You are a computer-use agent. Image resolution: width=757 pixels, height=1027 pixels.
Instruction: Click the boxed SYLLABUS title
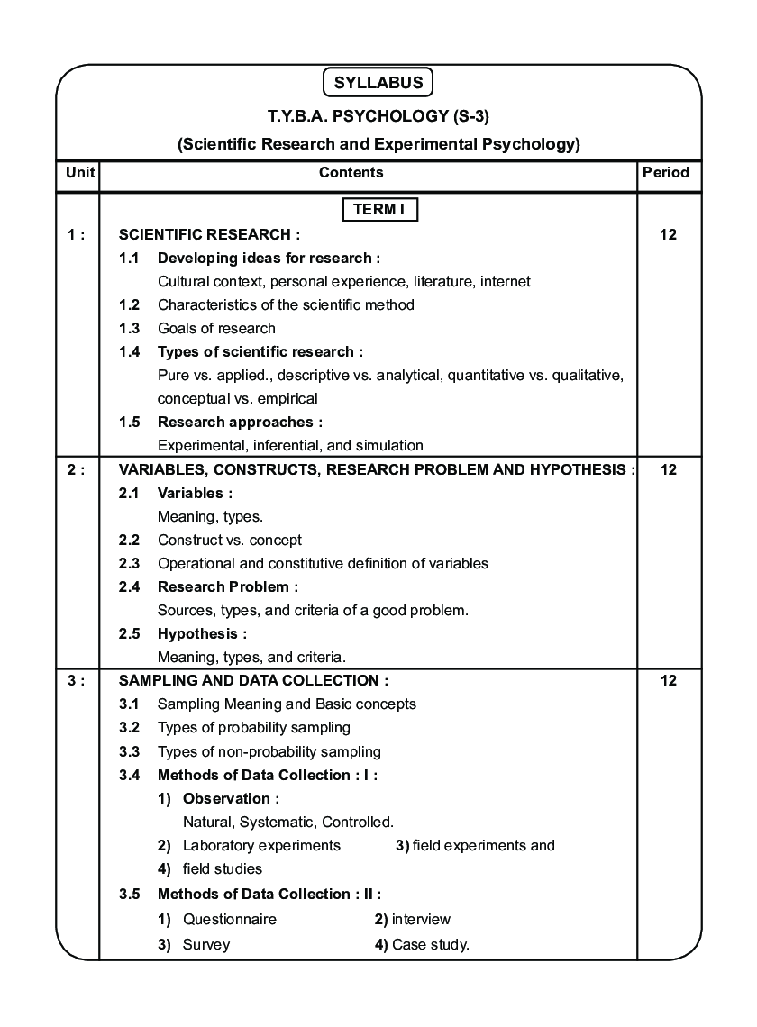click(378, 83)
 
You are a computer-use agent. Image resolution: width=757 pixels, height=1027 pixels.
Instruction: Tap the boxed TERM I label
click(378, 210)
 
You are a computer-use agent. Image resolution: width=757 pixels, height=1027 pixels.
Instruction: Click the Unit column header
click(78, 172)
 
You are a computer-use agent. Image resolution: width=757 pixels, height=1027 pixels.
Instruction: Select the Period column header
click(667, 172)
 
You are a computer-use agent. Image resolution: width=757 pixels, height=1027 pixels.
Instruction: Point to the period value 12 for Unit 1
click(668, 235)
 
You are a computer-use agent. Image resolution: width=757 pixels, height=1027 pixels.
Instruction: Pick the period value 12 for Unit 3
click(668, 681)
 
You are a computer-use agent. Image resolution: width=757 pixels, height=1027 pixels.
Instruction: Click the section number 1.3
click(129, 328)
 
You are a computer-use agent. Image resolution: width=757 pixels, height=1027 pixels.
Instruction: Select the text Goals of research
click(216, 328)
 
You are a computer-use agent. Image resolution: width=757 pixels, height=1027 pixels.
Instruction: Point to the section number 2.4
click(129, 587)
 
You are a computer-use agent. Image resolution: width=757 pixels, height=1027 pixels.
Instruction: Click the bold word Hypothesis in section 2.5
click(197, 634)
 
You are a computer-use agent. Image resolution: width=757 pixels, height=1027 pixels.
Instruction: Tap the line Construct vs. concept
click(230, 541)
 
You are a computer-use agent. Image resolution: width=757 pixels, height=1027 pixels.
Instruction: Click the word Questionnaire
click(230, 920)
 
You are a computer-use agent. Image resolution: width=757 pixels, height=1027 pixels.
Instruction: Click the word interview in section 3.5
click(421, 920)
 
